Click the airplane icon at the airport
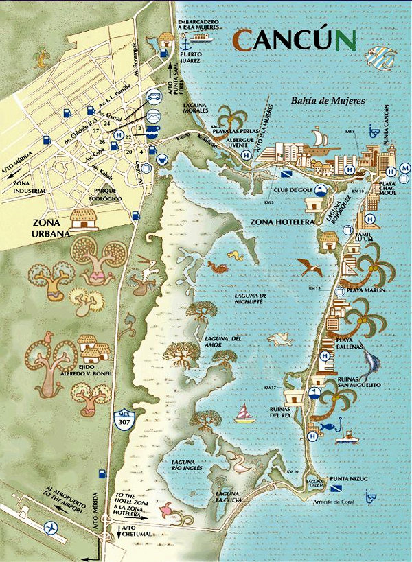(x=49, y=527)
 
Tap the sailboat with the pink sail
(x=242, y=413)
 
